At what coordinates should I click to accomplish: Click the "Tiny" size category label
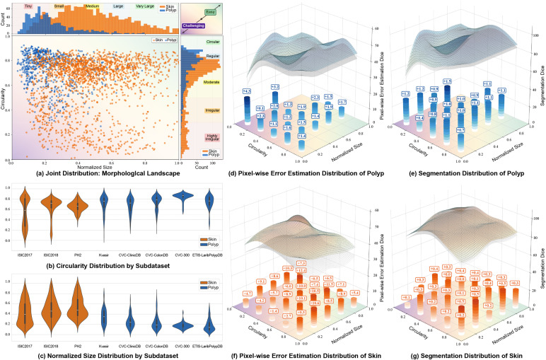point(28,6)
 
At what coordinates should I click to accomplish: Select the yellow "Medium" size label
point(92,6)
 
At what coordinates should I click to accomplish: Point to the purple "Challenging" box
point(194,26)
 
